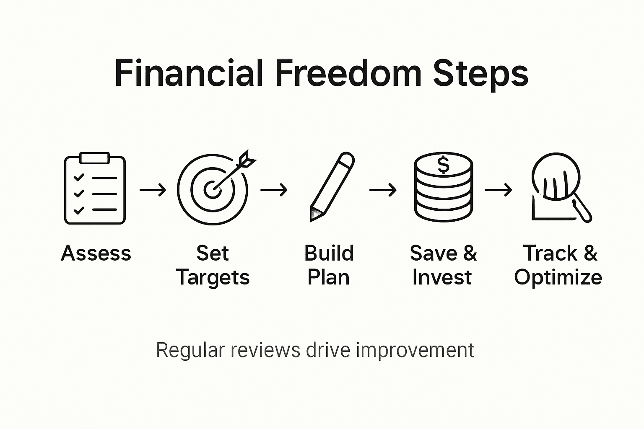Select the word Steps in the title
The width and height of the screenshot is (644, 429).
[x=480, y=74]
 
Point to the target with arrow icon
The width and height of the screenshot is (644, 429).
[x=213, y=189]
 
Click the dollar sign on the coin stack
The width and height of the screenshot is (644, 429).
[x=443, y=165]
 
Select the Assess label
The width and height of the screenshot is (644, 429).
[x=96, y=253]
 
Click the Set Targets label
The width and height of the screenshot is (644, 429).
[x=213, y=265]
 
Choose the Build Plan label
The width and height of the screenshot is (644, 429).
[x=329, y=265]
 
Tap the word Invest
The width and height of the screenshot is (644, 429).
[x=442, y=277]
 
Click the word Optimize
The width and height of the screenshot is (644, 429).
[x=558, y=277]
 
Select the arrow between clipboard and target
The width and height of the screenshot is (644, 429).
[x=153, y=190]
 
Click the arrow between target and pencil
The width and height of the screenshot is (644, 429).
[x=274, y=190]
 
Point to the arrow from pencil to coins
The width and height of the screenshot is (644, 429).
[x=383, y=190]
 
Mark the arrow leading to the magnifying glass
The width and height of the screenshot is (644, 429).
[x=498, y=190]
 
